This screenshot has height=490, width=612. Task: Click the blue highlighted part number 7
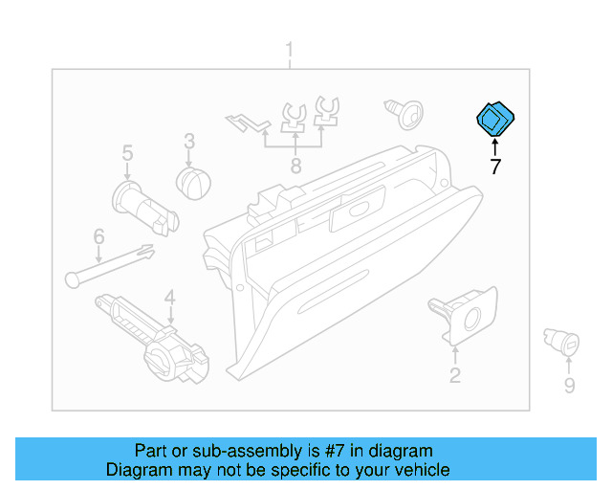(x=495, y=120)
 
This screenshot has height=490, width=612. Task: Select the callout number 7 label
(x=495, y=167)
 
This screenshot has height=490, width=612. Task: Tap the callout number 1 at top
(x=291, y=50)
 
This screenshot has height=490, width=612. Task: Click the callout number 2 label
(x=455, y=375)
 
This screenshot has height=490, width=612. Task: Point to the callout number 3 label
(x=189, y=142)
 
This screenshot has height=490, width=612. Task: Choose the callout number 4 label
(x=169, y=298)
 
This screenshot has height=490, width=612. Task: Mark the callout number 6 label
(x=98, y=236)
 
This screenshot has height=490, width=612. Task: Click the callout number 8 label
(x=295, y=167)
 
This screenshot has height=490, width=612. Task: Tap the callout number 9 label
(x=569, y=386)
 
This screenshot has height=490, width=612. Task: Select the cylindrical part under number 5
(x=144, y=207)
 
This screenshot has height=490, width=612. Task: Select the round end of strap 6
(x=73, y=278)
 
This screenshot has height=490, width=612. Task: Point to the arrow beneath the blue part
(x=495, y=145)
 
